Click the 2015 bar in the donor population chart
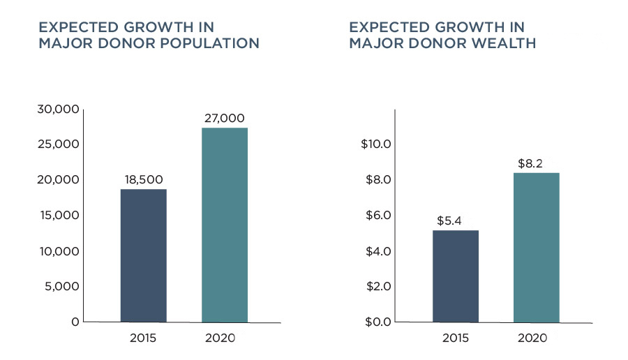click(x=143, y=255)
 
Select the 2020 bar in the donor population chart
click(x=225, y=225)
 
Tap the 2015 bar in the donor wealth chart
click(x=456, y=276)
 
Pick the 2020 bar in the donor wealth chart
click(x=537, y=247)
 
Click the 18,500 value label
click(x=144, y=179)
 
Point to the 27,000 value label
click(x=225, y=118)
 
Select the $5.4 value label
click(x=449, y=220)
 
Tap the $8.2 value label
click(x=530, y=163)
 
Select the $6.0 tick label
click(x=378, y=216)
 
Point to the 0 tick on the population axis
click(x=75, y=322)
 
